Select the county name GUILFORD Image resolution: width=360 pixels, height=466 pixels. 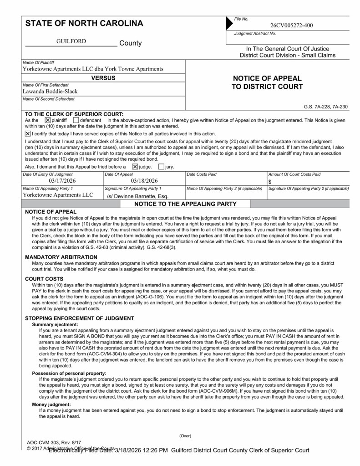[x=71, y=41]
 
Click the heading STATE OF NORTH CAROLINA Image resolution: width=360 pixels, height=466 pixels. [x=84, y=23]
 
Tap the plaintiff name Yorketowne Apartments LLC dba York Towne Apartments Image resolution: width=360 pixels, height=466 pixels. [x=93, y=69]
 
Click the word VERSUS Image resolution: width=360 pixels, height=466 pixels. [x=103, y=78]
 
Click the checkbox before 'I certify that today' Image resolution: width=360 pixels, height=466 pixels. [x=28, y=133]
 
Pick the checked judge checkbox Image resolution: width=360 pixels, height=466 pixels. [x=135, y=167]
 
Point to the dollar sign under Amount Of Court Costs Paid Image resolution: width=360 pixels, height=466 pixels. [x=270, y=181]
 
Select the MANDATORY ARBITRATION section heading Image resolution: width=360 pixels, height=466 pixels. [x=61, y=257]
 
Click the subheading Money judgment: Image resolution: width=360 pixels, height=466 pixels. [x=51, y=404]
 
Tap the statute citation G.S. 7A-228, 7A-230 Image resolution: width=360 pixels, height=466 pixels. [x=325, y=107]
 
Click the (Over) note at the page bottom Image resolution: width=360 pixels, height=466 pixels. [x=185, y=436]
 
